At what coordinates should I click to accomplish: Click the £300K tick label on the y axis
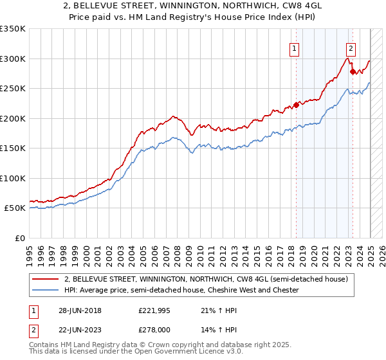[x=14, y=59]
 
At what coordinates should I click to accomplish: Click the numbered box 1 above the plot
[x=295, y=48]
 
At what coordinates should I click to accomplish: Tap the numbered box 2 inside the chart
[x=351, y=48]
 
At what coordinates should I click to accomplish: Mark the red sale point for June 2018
[x=296, y=105]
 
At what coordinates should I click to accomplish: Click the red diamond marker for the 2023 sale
[x=353, y=71]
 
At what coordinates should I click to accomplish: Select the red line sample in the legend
[x=46, y=279]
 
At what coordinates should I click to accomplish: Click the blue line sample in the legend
[x=46, y=290]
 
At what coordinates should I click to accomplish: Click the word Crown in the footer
[x=165, y=346]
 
